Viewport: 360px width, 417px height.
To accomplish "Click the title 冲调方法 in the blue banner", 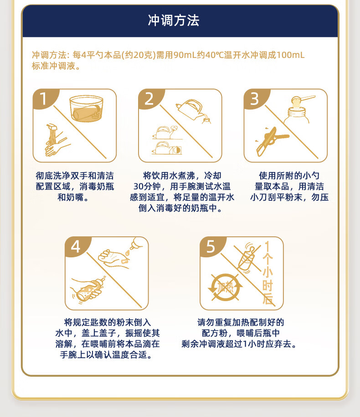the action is (174, 21).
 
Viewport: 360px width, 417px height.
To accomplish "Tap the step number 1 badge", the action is (43, 99).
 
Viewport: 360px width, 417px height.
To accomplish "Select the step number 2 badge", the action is (149, 99).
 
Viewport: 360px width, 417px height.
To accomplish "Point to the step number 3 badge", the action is (255, 99).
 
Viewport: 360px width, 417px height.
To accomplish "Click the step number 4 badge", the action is (76, 246).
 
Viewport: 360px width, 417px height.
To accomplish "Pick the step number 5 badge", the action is (211, 246).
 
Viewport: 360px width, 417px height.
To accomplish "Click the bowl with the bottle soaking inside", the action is (86, 109).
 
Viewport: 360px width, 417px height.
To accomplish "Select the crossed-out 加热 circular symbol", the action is (225, 287).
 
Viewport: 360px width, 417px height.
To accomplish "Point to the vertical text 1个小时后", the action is (267, 272).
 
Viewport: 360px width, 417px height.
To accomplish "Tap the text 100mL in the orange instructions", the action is (290, 55).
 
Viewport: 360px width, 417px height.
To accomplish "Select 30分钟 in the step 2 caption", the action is (147, 187).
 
